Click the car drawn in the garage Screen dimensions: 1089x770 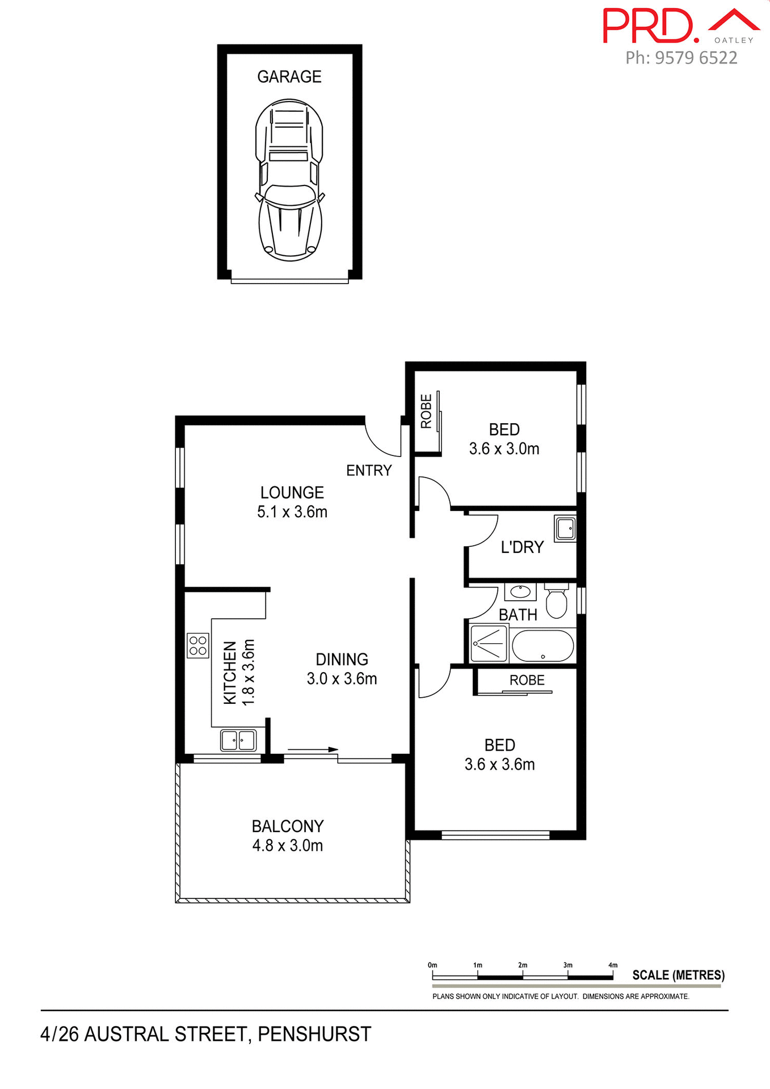(289, 180)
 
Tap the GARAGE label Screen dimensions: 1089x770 (289, 77)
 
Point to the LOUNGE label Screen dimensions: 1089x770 (292, 492)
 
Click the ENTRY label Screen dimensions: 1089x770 (369, 470)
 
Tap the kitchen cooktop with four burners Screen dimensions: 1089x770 (197, 645)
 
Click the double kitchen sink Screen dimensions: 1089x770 (238, 740)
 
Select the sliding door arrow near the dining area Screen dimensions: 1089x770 (313, 749)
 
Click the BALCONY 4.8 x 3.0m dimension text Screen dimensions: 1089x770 (288, 846)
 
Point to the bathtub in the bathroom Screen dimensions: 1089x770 (542, 646)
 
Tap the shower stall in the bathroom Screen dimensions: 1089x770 (489, 643)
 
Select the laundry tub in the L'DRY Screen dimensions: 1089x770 (565, 529)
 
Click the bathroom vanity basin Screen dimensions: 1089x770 (520, 592)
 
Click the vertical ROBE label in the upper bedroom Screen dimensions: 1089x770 (426, 411)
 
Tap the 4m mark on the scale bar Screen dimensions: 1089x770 (612, 965)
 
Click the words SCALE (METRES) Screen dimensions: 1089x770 (678, 975)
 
